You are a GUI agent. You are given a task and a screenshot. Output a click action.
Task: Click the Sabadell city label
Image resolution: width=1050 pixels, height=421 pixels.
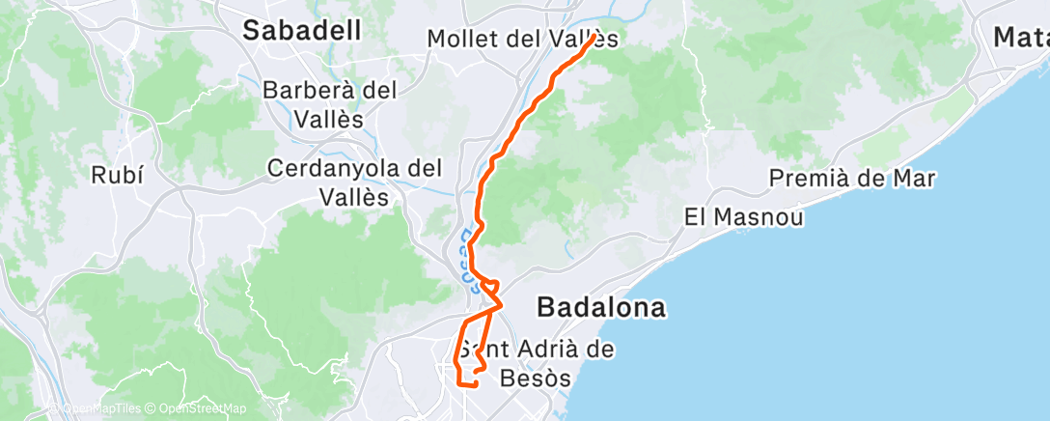point(302,30)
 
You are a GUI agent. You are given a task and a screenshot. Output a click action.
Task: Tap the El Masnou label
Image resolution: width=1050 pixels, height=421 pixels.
point(743,216)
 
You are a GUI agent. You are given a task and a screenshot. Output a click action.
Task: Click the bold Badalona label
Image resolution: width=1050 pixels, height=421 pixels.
point(600,308)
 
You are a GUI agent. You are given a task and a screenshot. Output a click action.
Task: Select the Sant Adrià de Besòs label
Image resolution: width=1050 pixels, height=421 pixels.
point(537,362)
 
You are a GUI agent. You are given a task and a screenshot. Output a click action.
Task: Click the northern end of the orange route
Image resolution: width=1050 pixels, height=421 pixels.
point(591,40)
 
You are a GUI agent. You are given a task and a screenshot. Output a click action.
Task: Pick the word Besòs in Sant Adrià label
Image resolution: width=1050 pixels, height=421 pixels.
point(536,378)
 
